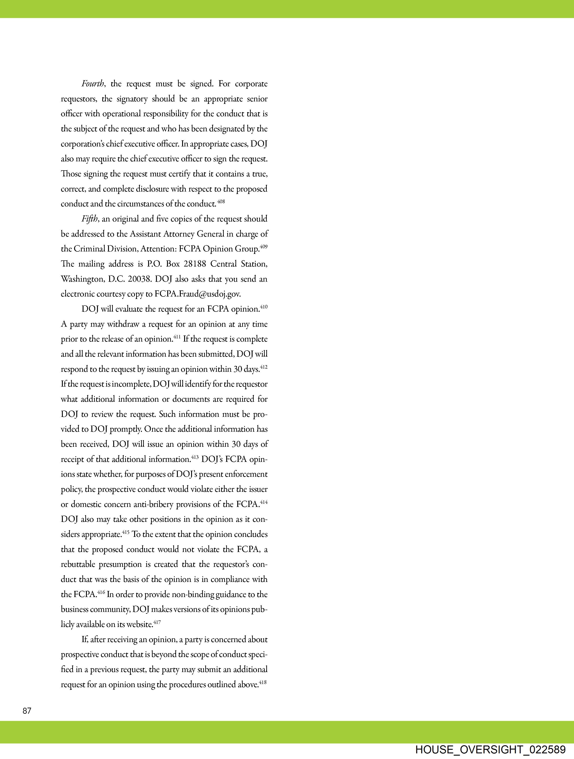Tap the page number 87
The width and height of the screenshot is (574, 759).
coord(27,711)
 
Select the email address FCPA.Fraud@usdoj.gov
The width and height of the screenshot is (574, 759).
coord(198,294)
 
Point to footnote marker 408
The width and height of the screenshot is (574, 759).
coord(221,201)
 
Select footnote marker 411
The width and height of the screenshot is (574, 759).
coord(177,337)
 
